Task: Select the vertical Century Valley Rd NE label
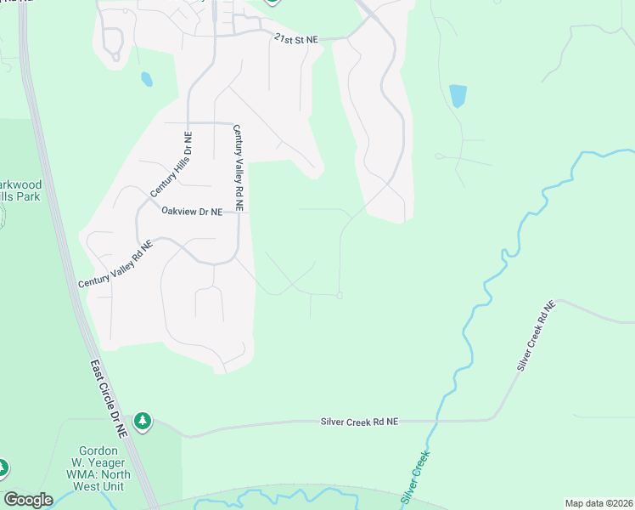tap(239, 167)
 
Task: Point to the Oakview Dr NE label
tap(192, 212)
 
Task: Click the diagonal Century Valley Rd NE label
tap(115, 263)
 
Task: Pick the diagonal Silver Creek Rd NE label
tap(535, 336)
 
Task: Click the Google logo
tap(28, 500)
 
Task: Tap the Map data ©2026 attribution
tap(598, 503)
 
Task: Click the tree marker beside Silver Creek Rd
tap(143, 421)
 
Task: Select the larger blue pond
tap(458, 95)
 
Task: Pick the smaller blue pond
tap(147, 79)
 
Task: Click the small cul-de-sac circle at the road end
tap(340, 296)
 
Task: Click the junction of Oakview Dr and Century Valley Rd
tap(239, 213)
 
